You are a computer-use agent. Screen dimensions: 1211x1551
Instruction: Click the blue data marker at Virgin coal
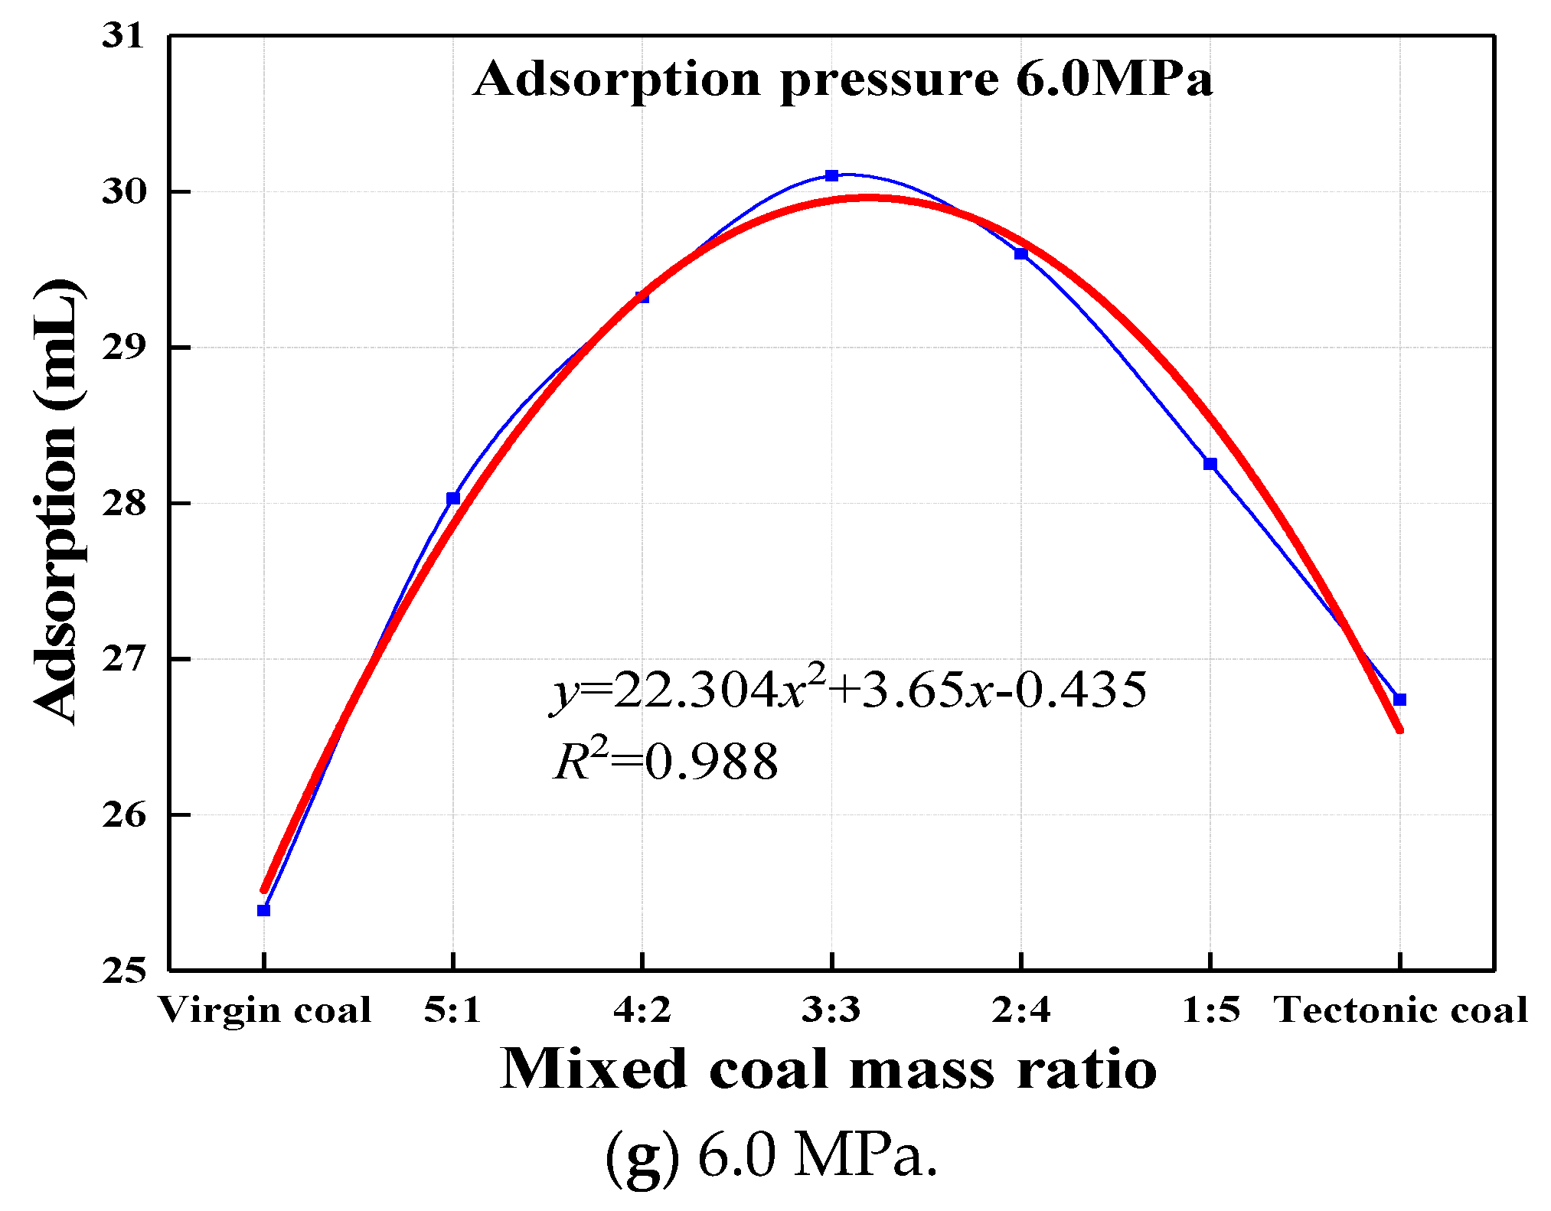(x=263, y=910)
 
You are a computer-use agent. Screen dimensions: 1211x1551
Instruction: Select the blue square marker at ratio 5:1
(x=453, y=498)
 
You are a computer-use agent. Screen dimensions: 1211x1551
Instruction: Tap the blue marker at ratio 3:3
(x=832, y=175)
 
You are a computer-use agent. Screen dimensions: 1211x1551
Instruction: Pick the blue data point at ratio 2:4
(x=1021, y=253)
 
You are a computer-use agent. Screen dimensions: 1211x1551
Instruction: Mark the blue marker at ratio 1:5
(x=1210, y=464)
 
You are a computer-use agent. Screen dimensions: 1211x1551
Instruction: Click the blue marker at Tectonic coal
(x=1400, y=700)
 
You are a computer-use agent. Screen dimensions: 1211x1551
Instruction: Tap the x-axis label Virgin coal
(x=265, y=1010)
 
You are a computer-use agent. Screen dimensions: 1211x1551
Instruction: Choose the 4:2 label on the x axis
(x=642, y=1010)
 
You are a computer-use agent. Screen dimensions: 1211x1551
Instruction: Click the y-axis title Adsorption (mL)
(x=57, y=501)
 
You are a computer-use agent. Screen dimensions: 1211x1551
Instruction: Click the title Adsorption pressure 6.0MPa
(x=842, y=79)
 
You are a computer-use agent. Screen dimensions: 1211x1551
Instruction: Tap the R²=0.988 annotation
(x=666, y=762)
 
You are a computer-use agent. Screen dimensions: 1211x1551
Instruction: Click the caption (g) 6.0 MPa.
(x=772, y=1154)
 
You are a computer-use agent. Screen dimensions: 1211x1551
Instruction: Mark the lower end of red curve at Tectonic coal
(x=1399, y=730)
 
